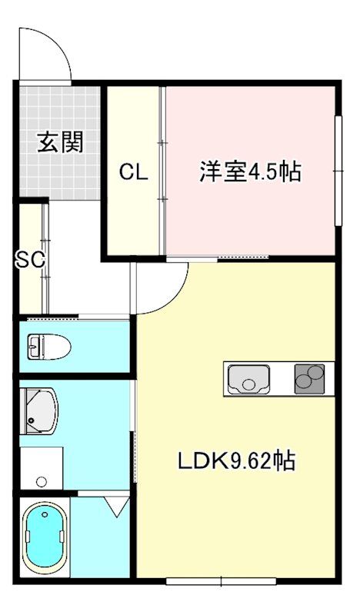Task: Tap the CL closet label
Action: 133,172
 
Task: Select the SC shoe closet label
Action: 30,260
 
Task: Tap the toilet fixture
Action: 48,347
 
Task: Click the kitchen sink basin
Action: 248,379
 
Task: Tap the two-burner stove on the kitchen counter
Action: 312,379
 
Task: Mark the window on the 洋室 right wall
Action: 338,171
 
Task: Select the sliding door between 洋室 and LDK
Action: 217,256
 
